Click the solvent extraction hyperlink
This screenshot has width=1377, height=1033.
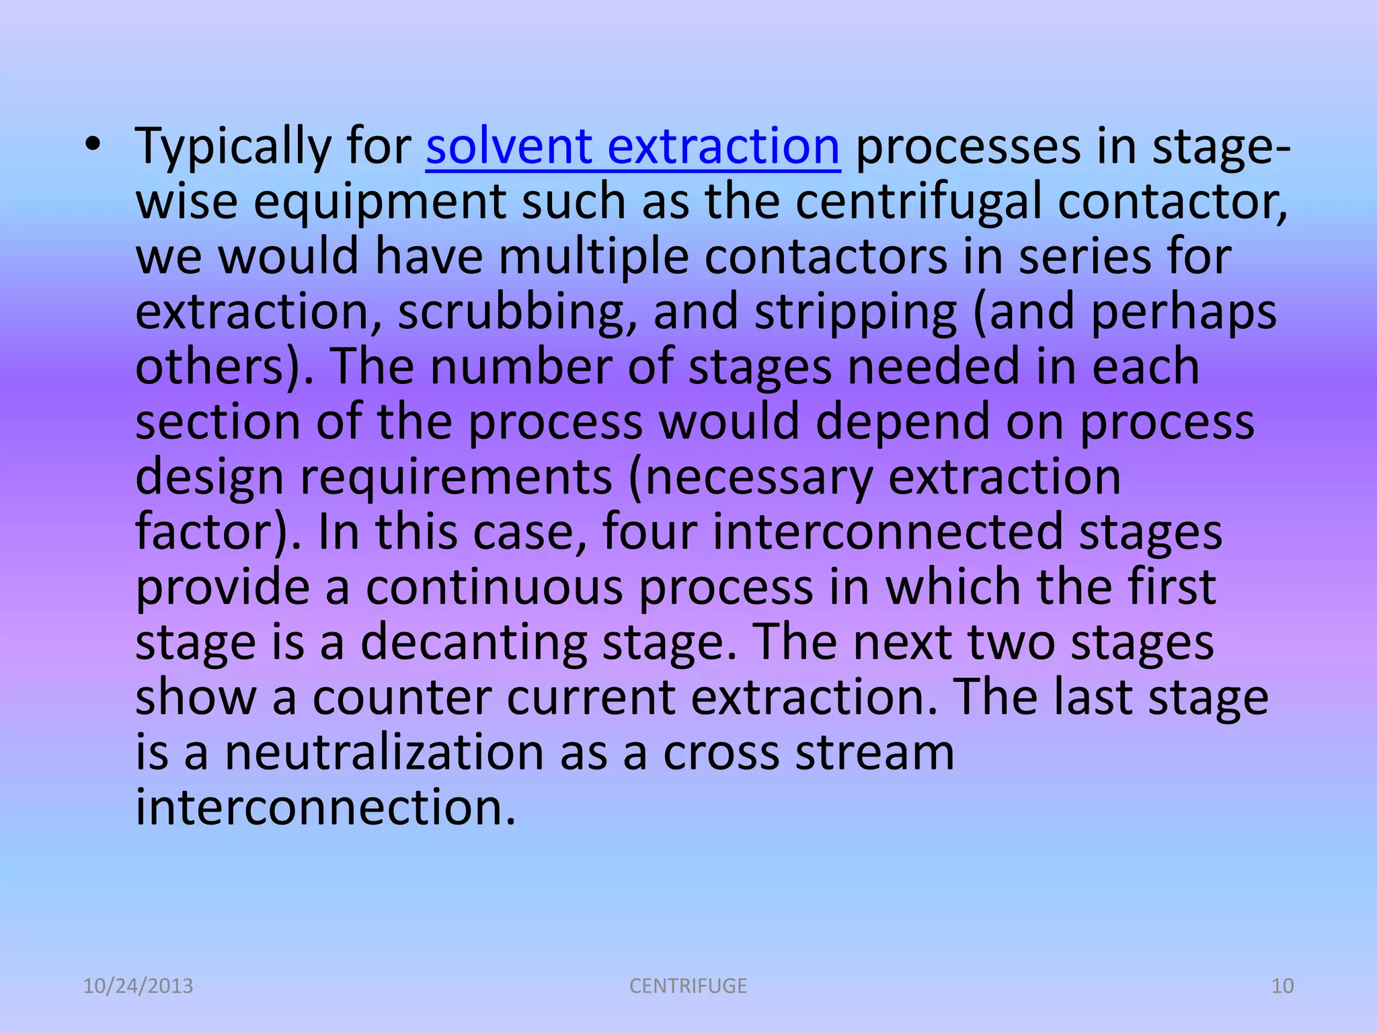click(x=632, y=146)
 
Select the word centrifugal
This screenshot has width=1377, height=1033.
click(x=918, y=202)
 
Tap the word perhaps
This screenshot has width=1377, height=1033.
click(x=1183, y=312)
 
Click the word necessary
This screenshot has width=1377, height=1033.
click(x=750, y=477)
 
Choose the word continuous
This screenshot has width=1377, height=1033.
click(x=494, y=586)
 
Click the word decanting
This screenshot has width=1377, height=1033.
click(x=473, y=642)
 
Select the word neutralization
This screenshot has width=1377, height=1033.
click(x=383, y=752)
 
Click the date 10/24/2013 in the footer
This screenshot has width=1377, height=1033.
click(x=138, y=986)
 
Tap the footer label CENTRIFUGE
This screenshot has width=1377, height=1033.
click(x=688, y=986)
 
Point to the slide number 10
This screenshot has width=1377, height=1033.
click(x=1282, y=986)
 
